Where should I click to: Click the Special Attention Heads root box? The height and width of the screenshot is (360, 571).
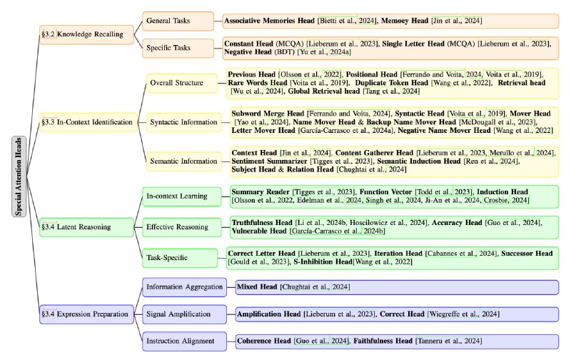[x=19, y=176]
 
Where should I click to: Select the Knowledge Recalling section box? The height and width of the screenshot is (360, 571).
[x=86, y=34]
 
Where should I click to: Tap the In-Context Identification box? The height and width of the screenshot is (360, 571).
[x=89, y=122]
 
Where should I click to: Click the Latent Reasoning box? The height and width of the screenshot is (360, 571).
[x=86, y=227]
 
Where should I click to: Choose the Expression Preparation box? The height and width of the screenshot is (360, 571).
[x=86, y=314]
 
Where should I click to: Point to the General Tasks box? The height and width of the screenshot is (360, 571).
[x=178, y=21]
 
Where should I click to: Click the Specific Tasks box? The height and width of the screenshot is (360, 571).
[x=178, y=48]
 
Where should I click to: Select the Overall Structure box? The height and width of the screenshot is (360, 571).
[x=182, y=83]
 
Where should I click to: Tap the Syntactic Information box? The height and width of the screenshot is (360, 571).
[x=183, y=122]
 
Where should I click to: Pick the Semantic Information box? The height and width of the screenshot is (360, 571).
[x=183, y=161]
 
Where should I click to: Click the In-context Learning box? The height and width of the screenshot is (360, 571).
[x=182, y=196]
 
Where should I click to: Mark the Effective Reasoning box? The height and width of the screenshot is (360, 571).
[x=182, y=227]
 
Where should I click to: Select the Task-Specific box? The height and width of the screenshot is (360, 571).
[x=180, y=258]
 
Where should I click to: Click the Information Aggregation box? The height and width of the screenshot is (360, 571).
[x=184, y=287]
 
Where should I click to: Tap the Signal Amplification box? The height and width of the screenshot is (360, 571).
[x=184, y=314]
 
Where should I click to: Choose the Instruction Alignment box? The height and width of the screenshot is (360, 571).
[x=184, y=341]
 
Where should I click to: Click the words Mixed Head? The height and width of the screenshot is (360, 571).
[x=257, y=287]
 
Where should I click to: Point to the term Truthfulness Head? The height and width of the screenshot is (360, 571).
[x=262, y=223]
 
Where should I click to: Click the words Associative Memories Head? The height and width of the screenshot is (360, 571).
[x=269, y=21]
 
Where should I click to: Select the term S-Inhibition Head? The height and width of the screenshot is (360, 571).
[x=323, y=262]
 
